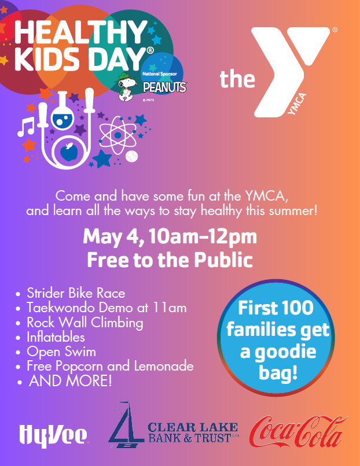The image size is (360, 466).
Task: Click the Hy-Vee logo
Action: pos(53,434)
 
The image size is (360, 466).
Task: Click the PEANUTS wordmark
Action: pos(165,87)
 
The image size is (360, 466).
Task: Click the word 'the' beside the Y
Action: pos(237,79)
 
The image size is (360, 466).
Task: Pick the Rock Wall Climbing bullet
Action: pos(85,322)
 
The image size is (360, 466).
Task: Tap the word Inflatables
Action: pos(56,336)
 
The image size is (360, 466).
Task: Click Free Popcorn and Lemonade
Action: pos(110,366)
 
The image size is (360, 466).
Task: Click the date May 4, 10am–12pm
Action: pos(170,237)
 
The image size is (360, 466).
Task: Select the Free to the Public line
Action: pos(170,260)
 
